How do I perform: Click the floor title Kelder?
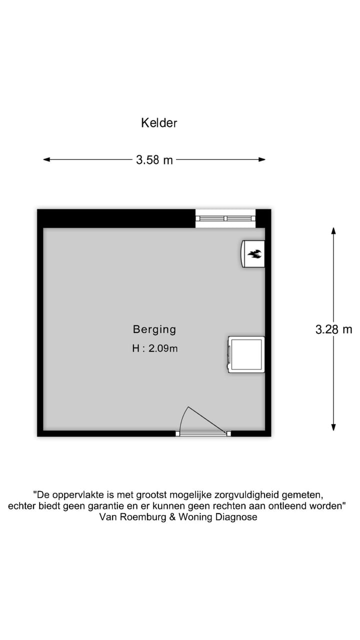159,123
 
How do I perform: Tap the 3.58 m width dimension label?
154,160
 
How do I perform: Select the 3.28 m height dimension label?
333,329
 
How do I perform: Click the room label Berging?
154,329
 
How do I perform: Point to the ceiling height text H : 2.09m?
154,349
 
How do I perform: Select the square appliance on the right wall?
246,354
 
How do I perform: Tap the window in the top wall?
225,218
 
